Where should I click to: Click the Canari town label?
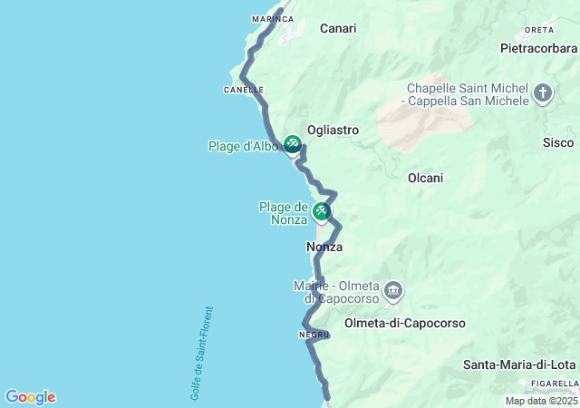(x=338, y=28)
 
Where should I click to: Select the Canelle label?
(x=243, y=90)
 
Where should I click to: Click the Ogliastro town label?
(x=333, y=130)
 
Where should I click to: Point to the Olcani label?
(x=425, y=178)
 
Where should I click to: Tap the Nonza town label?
(x=324, y=247)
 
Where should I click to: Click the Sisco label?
(x=558, y=142)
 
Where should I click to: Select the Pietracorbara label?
(x=539, y=47)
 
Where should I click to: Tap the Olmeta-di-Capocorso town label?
(x=405, y=323)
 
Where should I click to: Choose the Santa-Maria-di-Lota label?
(x=519, y=364)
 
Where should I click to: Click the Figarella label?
(x=556, y=384)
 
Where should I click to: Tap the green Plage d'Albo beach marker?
(x=292, y=144)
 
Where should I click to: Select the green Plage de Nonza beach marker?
(x=321, y=212)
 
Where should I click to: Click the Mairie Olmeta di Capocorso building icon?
(x=393, y=291)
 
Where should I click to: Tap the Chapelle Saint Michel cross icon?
(x=543, y=93)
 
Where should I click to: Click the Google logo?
(x=30, y=397)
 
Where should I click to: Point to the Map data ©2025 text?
(x=541, y=401)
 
